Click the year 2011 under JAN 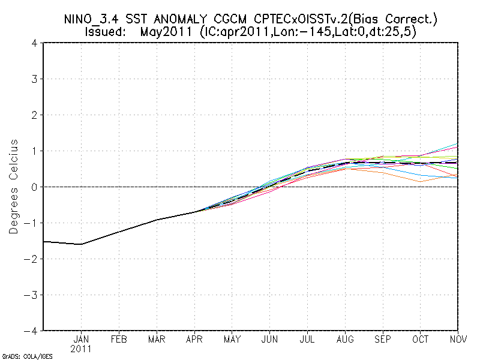pos(81,348)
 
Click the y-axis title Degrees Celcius pos(13,187)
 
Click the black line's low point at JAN pos(81,244)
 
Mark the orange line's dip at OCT pos(420,181)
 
